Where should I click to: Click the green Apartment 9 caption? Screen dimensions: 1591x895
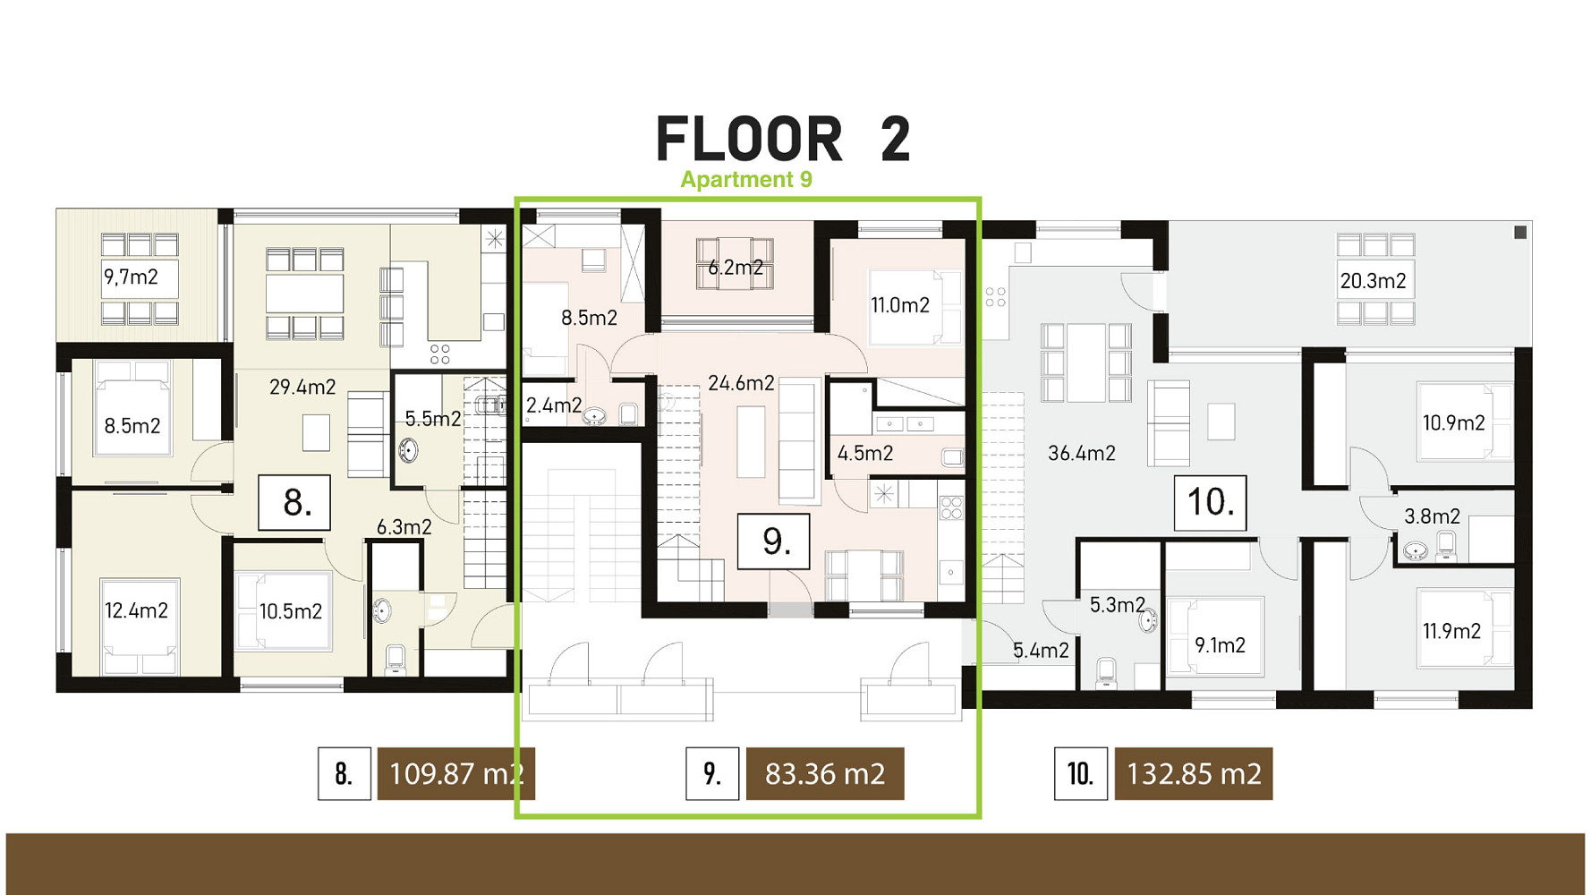(x=746, y=180)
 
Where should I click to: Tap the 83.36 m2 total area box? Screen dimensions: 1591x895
(x=825, y=773)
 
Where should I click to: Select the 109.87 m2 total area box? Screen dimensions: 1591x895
(x=456, y=773)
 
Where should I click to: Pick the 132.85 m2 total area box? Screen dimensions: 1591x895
(x=1194, y=773)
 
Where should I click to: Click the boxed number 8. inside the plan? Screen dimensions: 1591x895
(x=294, y=503)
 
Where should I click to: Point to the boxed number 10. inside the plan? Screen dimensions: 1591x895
(x=1211, y=503)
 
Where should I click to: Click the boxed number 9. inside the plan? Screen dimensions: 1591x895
(x=773, y=541)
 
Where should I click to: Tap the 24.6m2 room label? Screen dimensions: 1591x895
(x=741, y=384)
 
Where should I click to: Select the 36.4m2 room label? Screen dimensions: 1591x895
(x=1082, y=454)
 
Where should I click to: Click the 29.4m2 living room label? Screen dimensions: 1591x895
(x=302, y=388)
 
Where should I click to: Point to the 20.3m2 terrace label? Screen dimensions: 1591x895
(x=1373, y=281)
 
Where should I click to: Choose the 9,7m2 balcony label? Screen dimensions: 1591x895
(x=131, y=277)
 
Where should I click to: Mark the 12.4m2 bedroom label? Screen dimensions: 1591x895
(x=136, y=611)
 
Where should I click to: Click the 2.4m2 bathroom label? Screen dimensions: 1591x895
(x=554, y=405)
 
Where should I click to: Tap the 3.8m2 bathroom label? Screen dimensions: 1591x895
(x=1432, y=516)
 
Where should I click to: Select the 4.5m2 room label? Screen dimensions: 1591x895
(x=865, y=454)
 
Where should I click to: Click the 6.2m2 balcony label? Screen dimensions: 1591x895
(x=736, y=268)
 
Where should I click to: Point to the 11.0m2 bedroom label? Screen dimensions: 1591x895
(x=900, y=305)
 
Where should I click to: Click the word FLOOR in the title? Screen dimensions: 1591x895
(x=750, y=140)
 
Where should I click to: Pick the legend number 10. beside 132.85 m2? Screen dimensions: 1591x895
(x=1080, y=773)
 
